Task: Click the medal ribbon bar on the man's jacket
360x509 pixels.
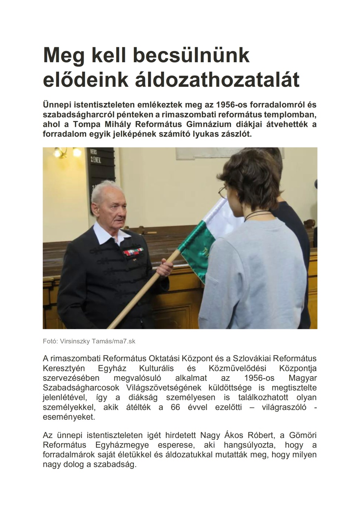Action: (133, 252)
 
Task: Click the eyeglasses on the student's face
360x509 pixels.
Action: (222, 192)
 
